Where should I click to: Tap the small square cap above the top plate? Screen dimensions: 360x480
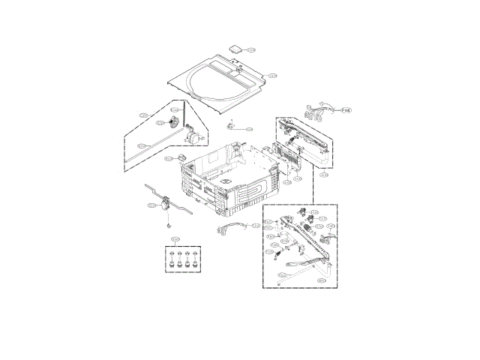[x=236, y=47]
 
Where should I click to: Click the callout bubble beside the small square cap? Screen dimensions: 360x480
[x=251, y=50]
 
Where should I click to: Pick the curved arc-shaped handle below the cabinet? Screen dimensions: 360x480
[x=231, y=228]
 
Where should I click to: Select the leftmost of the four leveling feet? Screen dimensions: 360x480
[x=172, y=261]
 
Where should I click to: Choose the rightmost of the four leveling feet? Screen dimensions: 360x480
[x=196, y=261]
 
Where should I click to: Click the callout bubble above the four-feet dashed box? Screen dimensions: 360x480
[x=175, y=240]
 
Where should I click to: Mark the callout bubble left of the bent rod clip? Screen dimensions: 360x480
[x=151, y=205]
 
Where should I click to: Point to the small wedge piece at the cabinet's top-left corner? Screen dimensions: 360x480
[x=182, y=157]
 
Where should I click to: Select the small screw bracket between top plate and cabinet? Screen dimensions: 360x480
[x=231, y=124]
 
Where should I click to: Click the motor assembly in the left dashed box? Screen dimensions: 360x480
[x=194, y=136]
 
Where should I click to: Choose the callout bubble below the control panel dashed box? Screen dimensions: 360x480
[x=324, y=174]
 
